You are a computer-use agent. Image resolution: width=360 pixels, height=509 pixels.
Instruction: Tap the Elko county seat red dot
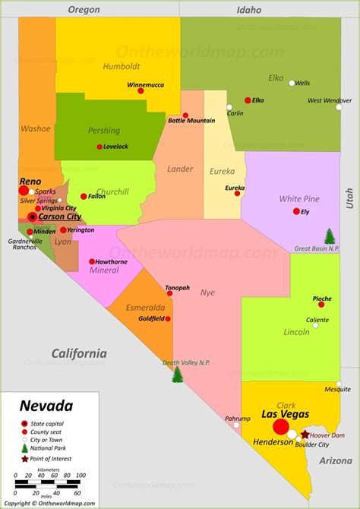248,100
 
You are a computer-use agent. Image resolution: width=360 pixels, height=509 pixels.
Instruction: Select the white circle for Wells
292,83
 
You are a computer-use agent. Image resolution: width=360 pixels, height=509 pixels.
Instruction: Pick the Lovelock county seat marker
99,147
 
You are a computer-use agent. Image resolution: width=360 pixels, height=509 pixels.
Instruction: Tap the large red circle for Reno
24,191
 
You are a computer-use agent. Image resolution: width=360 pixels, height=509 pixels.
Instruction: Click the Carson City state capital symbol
32,217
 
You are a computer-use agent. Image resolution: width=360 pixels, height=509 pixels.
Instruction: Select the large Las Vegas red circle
280,426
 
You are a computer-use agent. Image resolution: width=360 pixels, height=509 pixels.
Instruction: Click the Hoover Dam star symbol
305,435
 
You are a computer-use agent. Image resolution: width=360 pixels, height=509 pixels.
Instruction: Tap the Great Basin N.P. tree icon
330,236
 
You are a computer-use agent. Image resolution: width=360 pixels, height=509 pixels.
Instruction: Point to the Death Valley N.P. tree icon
178,375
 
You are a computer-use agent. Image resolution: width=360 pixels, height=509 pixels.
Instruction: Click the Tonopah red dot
177,296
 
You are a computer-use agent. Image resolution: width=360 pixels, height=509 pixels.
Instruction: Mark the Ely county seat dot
296,211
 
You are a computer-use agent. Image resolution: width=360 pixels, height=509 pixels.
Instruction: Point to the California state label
79,353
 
